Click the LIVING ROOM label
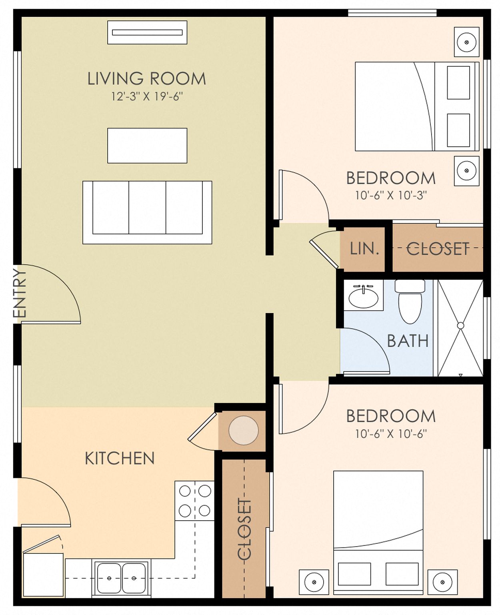(146, 79)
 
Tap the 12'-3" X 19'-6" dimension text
(147, 97)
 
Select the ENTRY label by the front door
(19, 293)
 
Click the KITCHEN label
(120, 458)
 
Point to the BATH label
(408, 341)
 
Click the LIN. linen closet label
(364, 249)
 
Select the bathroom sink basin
(363, 298)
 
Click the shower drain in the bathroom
(460, 325)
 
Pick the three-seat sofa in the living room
(147, 212)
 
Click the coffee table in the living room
(147, 146)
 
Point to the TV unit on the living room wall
(147, 32)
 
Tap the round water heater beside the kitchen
(243, 431)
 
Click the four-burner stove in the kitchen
(194, 501)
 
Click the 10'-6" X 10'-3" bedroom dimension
(391, 196)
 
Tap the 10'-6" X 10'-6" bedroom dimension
(391, 434)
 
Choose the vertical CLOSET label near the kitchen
(244, 529)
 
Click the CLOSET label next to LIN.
(438, 249)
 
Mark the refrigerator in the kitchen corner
(44, 575)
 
